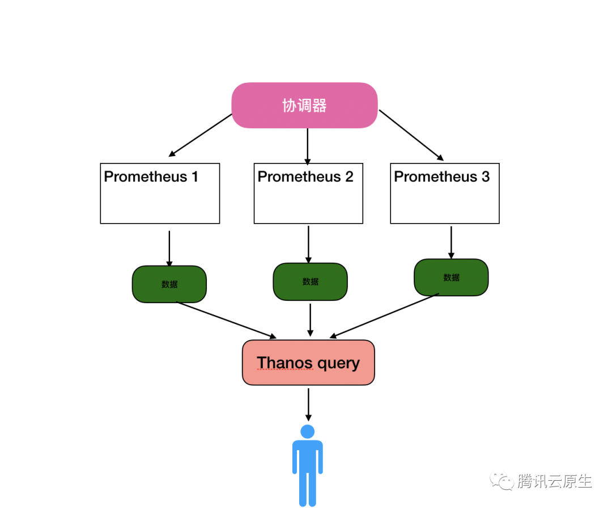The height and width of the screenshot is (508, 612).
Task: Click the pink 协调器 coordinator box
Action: point(304,105)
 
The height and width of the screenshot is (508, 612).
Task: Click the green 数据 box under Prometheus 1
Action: point(169,284)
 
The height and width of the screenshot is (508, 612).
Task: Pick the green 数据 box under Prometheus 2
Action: point(310,282)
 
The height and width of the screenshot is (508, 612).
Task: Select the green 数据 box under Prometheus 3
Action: point(451,278)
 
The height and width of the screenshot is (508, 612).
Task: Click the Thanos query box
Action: point(308,363)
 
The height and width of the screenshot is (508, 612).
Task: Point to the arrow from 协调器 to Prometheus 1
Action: point(201,135)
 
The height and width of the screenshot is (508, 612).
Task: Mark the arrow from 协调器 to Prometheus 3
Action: point(411,135)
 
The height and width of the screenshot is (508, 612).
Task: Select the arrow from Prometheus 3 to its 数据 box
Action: point(451,242)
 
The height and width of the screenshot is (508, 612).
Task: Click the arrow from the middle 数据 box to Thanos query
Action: point(310,320)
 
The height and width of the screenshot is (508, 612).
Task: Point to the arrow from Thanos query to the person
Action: point(308,404)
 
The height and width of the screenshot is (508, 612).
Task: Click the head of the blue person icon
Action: point(308,431)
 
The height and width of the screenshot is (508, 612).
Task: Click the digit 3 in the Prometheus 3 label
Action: point(485,177)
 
